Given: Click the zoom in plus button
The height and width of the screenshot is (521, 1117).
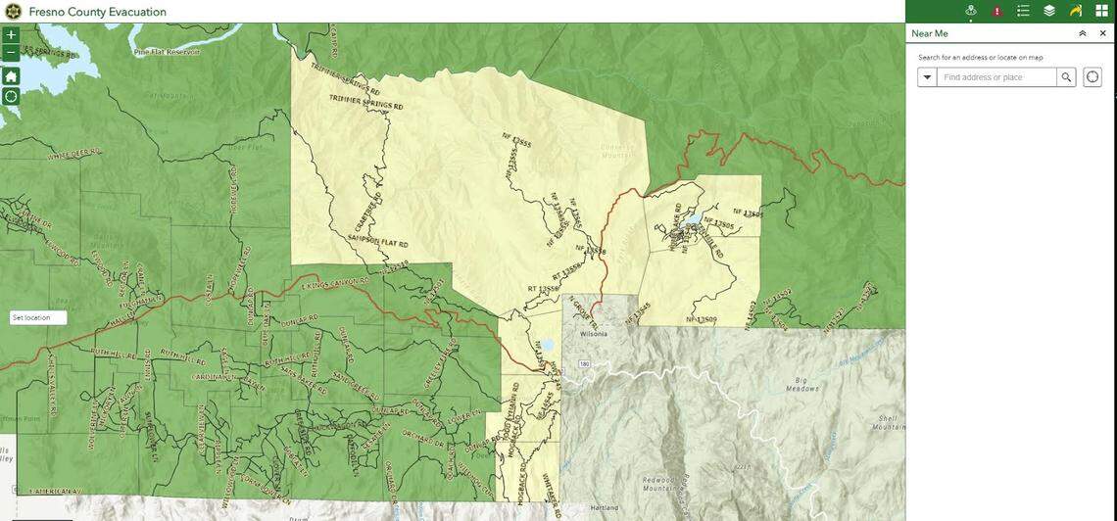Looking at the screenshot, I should click(11, 35).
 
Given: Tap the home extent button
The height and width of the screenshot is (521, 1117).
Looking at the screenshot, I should click(11, 76).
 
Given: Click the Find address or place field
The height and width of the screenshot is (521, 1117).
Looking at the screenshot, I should click(996, 77).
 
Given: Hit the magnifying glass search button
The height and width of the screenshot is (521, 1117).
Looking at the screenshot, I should click(1066, 77).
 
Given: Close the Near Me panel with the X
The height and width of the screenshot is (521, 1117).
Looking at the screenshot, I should click(1102, 33).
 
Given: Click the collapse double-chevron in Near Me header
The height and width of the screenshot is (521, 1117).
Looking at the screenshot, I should click(1083, 33).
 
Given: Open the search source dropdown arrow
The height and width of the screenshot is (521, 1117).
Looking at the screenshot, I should click(927, 77).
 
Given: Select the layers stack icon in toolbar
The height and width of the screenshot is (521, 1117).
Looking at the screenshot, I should click(1049, 11).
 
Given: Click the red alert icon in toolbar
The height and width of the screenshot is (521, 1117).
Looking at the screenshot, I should click(997, 11).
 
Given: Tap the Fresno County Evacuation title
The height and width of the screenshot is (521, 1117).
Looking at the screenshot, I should click(97, 12).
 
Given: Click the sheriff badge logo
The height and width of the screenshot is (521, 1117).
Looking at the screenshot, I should click(13, 12).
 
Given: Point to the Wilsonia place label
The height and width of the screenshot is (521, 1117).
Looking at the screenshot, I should click(594, 334).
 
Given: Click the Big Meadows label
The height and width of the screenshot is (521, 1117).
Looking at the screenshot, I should click(801, 384).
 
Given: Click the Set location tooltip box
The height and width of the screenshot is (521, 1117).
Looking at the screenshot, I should click(38, 317).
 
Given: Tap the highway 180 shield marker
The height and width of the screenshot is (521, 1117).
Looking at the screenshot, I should click(584, 364).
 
